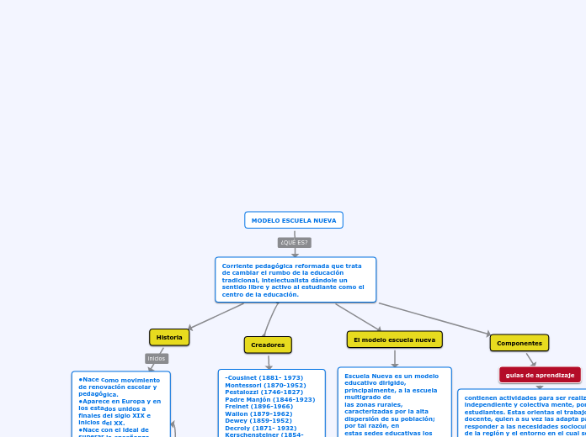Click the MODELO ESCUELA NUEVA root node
[x=294, y=220]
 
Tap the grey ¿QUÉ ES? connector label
[x=295, y=243]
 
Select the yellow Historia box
[x=169, y=337]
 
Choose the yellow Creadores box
[x=268, y=345]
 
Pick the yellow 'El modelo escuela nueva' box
[x=394, y=340]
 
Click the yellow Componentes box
[x=519, y=343]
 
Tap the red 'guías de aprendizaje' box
[x=540, y=375]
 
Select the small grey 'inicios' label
[x=157, y=359]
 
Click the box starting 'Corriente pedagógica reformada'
[x=295, y=280]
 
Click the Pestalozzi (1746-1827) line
[x=264, y=392]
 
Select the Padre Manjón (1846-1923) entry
[x=269, y=399]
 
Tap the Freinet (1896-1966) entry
[x=258, y=407]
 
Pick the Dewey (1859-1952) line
[x=258, y=421]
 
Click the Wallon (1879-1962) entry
[x=258, y=413]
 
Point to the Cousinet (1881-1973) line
[x=264, y=378]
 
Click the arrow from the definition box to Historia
[x=217, y=316]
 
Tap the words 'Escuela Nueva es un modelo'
[x=391, y=376]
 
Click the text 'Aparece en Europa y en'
[x=121, y=401]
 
